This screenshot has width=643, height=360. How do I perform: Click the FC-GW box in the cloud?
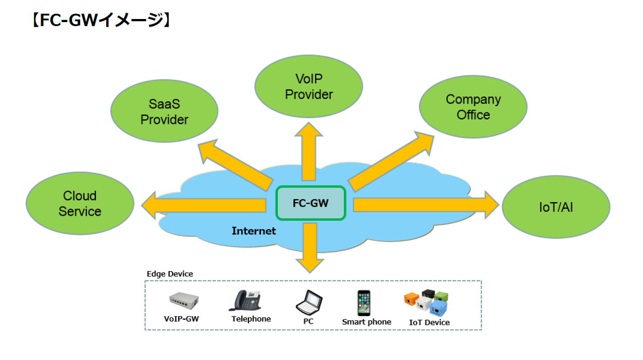311,203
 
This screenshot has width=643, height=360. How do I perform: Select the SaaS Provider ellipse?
164,111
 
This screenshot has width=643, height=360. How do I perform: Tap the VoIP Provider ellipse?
309,87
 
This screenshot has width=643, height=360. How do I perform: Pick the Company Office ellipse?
473,107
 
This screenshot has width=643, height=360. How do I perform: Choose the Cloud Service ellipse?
80,203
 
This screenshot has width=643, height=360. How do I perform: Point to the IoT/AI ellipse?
556,207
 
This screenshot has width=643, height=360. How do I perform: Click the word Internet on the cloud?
254,231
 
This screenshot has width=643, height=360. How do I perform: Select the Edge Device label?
170,274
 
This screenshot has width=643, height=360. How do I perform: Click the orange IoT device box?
412,299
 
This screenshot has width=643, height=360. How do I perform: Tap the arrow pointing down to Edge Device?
309,248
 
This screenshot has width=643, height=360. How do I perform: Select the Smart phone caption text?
366,322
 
